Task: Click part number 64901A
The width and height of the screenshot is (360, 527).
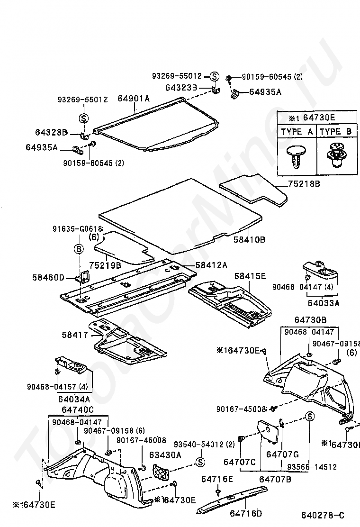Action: tap(134, 99)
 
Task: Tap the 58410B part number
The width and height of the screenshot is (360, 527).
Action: tap(250, 240)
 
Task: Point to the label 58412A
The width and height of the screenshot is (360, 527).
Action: tap(212, 264)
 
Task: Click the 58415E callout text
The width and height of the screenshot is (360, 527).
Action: tap(250, 275)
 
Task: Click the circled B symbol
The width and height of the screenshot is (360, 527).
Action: tap(79, 249)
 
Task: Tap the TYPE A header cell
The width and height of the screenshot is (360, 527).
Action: tap(297, 132)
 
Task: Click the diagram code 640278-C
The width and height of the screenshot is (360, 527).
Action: tap(323, 515)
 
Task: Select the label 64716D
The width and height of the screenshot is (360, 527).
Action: tap(246, 513)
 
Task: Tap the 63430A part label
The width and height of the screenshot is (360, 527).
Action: tap(165, 455)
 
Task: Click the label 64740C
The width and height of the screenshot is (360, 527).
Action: tap(78, 409)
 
